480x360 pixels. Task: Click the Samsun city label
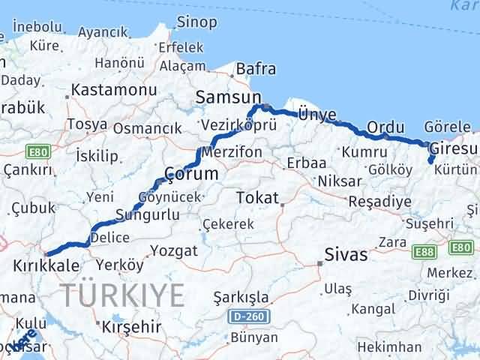click(228, 97)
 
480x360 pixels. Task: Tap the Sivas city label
click(346, 255)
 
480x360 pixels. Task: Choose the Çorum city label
click(191, 174)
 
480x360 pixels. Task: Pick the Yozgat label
click(173, 250)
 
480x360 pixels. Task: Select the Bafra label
click(256, 70)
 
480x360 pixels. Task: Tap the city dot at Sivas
click(320, 262)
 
